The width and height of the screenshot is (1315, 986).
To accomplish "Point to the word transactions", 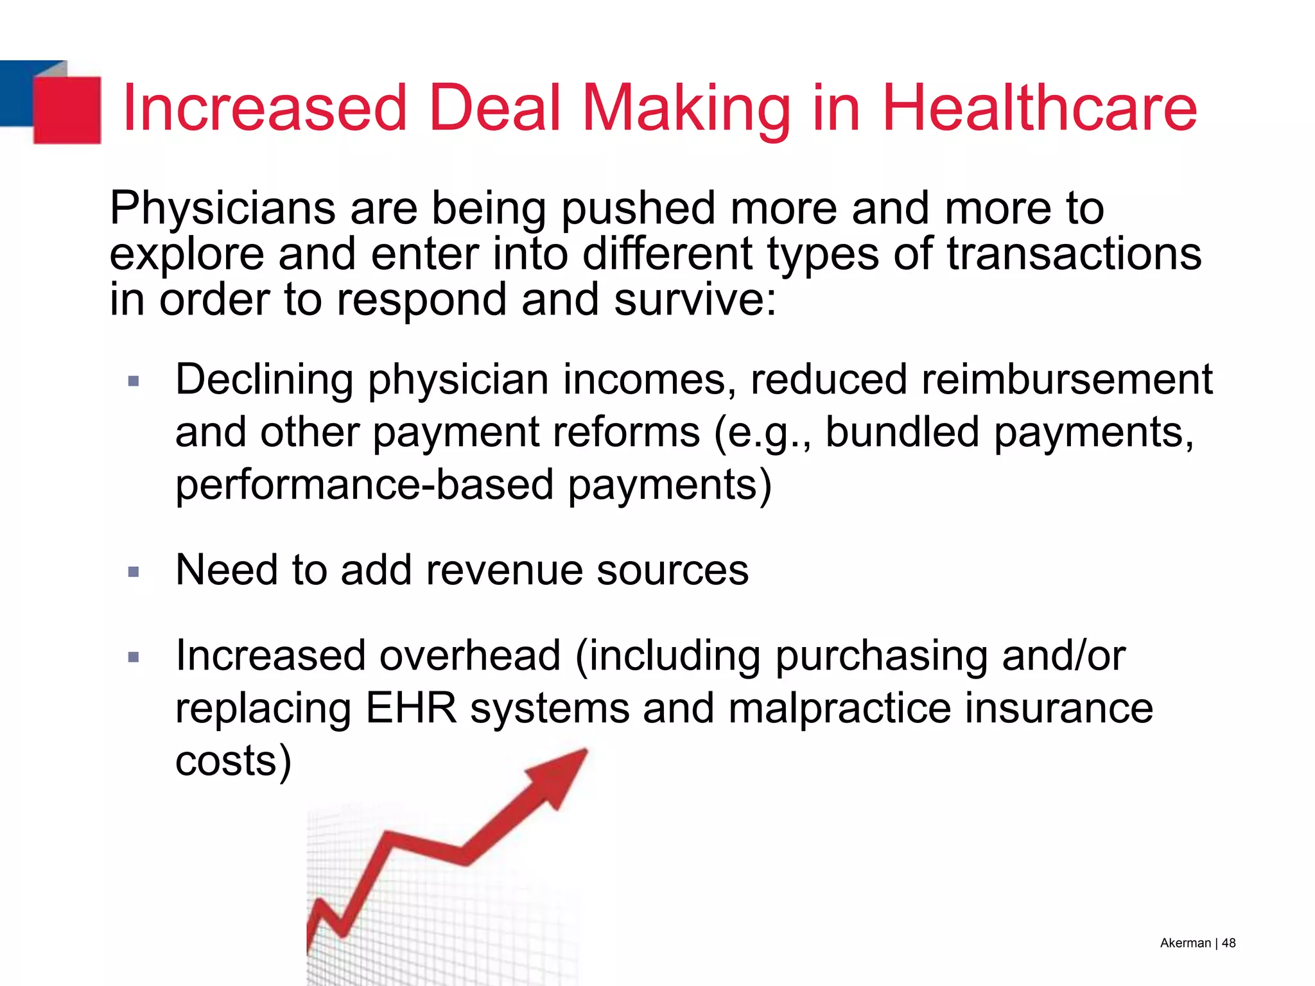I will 1074,254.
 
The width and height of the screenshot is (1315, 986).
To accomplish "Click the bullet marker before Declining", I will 134,381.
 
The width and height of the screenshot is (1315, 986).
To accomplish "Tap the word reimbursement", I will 1067,379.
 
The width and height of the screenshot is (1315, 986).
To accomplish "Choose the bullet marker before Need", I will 134,571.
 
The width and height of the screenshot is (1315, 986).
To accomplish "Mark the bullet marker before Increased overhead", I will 134,657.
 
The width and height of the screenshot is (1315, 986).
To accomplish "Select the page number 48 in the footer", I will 1228,943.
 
